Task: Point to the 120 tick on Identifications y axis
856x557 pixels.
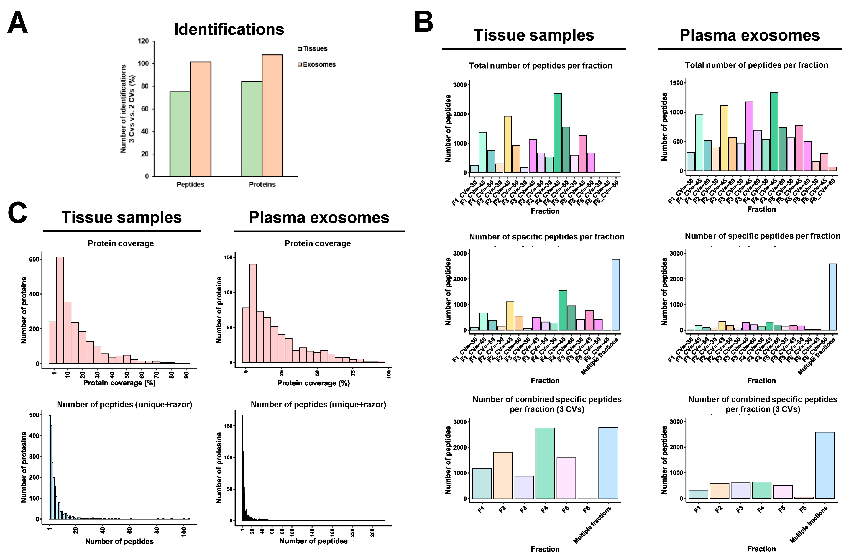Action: (x=143, y=41)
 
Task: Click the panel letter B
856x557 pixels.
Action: (x=424, y=22)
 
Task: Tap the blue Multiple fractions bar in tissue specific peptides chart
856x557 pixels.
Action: (x=615, y=295)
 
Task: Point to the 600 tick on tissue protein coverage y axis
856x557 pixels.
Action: (x=34, y=259)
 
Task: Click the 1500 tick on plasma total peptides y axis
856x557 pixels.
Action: (x=676, y=83)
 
